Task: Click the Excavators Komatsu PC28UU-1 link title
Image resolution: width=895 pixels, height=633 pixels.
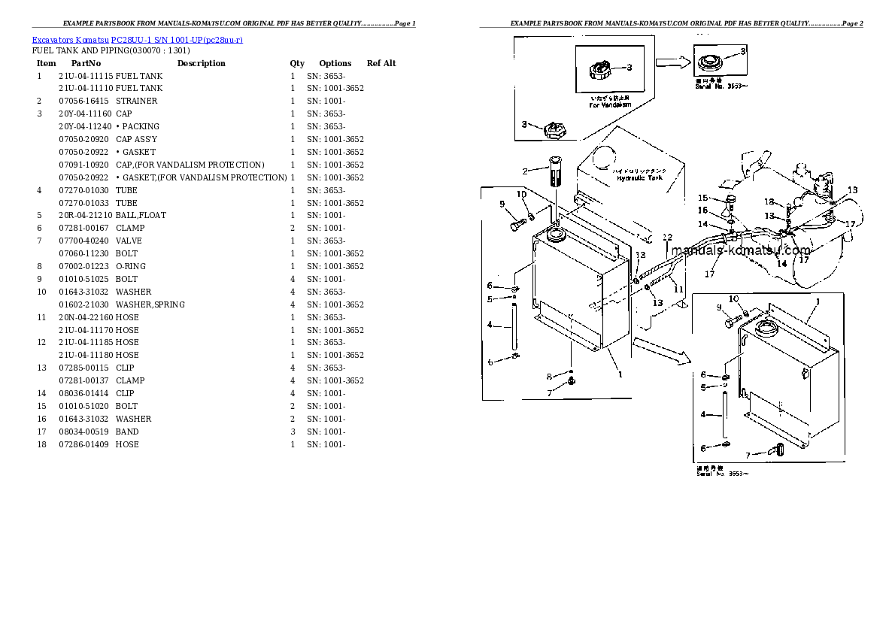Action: click(137, 39)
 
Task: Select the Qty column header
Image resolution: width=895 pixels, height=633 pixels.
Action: click(297, 63)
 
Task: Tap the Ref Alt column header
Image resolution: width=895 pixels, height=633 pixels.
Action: click(381, 63)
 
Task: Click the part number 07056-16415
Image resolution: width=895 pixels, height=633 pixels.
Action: click(83, 101)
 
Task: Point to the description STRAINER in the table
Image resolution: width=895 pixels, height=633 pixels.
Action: click(136, 101)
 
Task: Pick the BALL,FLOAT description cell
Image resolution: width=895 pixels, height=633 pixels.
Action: click(141, 215)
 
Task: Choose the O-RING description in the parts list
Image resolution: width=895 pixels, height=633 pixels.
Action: click(131, 266)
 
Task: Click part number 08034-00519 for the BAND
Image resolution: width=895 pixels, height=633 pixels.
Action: click(83, 432)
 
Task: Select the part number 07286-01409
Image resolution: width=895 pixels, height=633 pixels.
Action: click(83, 444)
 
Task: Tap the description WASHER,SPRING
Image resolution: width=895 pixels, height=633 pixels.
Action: click(150, 304)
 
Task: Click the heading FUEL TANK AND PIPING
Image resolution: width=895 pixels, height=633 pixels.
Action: click(111, 51)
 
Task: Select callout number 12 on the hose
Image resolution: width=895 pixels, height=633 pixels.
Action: click(666, 238)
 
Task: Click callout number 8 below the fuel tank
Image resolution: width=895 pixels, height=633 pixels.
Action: click(548, 376)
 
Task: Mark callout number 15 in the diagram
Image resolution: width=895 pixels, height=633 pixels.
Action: click(702, 198)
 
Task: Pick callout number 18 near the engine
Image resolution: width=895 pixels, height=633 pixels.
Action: click(769, 201)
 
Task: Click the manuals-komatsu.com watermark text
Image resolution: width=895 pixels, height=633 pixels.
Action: click(741, 250)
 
